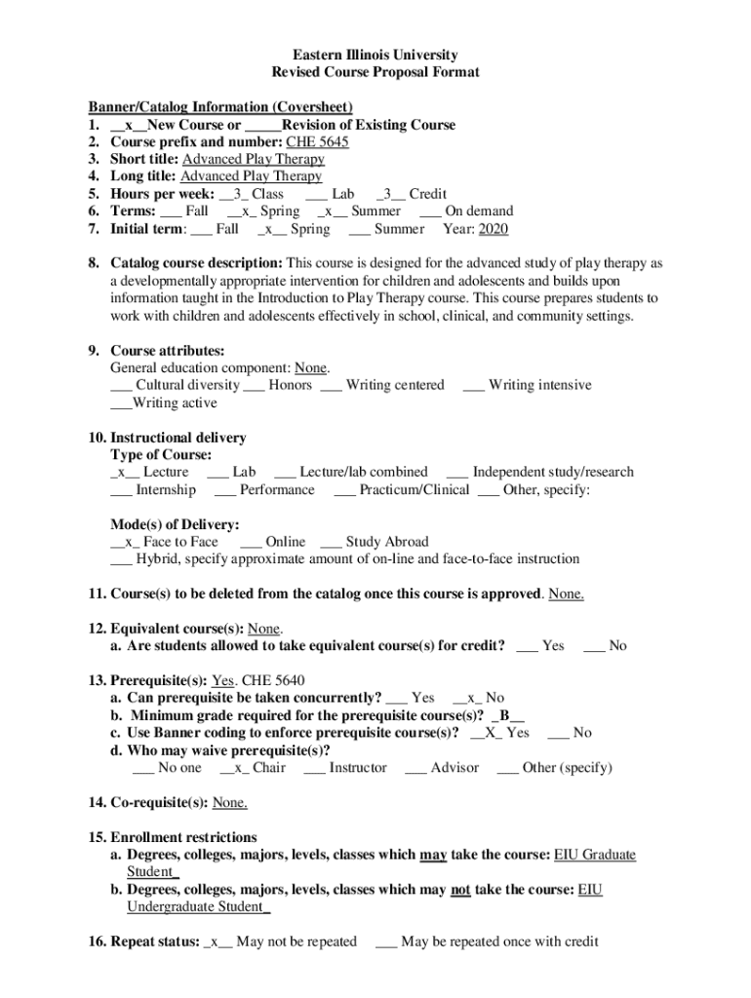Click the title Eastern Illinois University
pyautogui.click(x=375, y=56)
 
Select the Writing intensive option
pyautogui.click(x=539, y=385)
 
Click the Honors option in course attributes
pyautogui.click(x=291, y=385)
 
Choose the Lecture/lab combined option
pyautogui.click(x=363, y=472)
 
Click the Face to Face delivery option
pyautogui.click(x=177, y=542)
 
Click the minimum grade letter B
pyautogui.click(x=506, y=715)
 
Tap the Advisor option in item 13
pyautogui.click(x=454, y=768)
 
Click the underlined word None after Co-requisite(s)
pyautogui.click(x=229, y=803)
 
